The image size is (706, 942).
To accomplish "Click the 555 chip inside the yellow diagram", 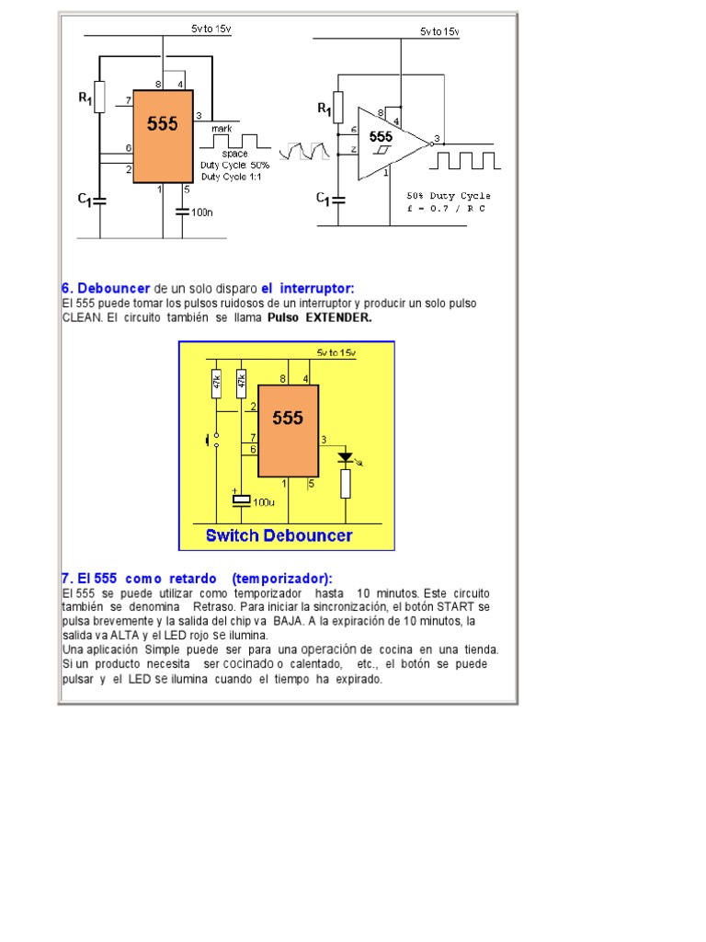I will (288, 431).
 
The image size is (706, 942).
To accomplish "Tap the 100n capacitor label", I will (201, 212).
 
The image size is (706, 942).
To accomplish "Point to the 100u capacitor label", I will (265, 503).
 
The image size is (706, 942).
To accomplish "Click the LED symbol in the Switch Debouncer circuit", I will (346, 457).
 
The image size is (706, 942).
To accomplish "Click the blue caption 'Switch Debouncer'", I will (279, 535).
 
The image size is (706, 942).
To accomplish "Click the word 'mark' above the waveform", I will (222, 130).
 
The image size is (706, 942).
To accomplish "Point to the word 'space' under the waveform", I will (234, 154).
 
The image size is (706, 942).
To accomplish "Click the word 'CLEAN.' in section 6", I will (81, 317).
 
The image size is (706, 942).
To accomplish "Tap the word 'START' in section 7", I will (458, 608).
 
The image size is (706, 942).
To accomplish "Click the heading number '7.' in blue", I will (67, 579).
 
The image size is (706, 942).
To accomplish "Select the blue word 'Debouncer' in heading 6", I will (113, 288).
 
